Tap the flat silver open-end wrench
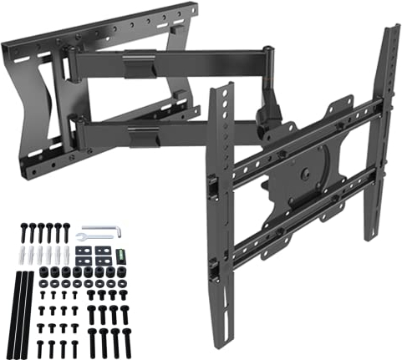[x=94, y=236]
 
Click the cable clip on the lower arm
[x=144, y=135]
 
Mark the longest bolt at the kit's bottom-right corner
[x=126, y=342]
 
